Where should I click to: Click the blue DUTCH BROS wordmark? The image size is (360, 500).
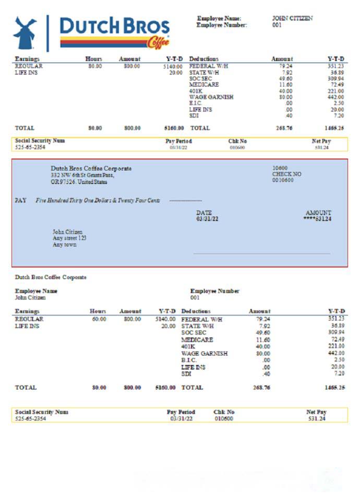[x=115, y=26]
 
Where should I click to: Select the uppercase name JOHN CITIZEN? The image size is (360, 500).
[x=292, y=18]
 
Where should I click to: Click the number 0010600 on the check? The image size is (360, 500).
[x=283, y=180]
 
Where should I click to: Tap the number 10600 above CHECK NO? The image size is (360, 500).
[x=280, y=168]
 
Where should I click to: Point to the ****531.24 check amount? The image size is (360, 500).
[x=317, y=219]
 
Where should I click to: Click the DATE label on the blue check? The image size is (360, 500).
[x=204, y=213]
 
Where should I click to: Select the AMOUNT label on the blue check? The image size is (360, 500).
[x=318, y=213]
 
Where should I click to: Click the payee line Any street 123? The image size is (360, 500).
[x=69, y=238]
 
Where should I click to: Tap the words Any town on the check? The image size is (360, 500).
[x=64, y=245]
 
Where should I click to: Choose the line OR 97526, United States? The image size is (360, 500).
[x=79, y=182]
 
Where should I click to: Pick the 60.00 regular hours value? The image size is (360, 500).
[x=99, y=319]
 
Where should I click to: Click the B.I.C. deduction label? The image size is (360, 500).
[x=189, y=360]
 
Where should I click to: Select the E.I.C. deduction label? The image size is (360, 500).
[x=195, y=103]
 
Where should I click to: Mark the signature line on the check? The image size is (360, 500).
[x=261, y=254]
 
